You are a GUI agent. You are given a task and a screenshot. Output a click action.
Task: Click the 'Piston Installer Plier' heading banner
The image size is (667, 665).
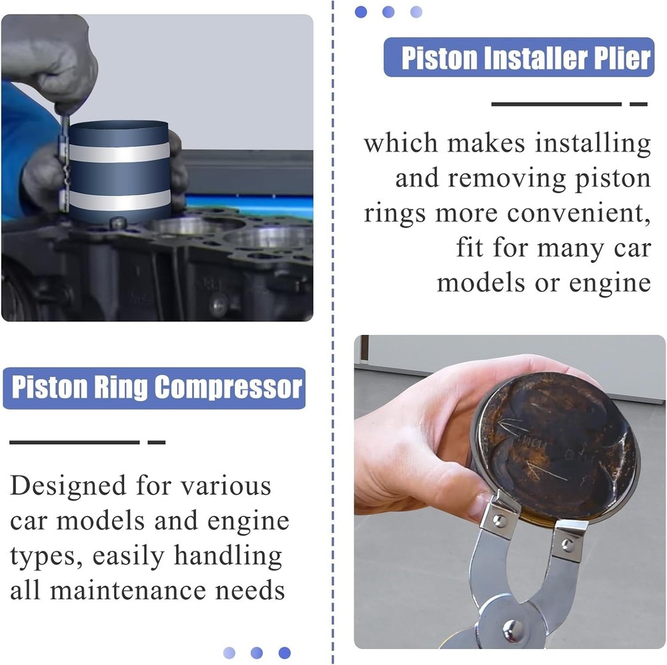(519, 57)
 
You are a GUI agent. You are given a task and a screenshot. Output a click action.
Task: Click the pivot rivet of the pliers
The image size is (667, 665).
(512, 628)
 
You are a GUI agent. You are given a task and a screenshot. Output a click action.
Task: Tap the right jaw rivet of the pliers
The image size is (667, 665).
(568, 544)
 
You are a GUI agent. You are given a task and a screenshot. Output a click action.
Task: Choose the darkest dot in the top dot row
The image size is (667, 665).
(361, 11)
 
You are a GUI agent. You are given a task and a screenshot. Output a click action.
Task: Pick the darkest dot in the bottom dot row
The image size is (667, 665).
(284, 652)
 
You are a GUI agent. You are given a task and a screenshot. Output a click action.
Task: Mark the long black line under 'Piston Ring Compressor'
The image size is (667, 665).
(74, 442)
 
